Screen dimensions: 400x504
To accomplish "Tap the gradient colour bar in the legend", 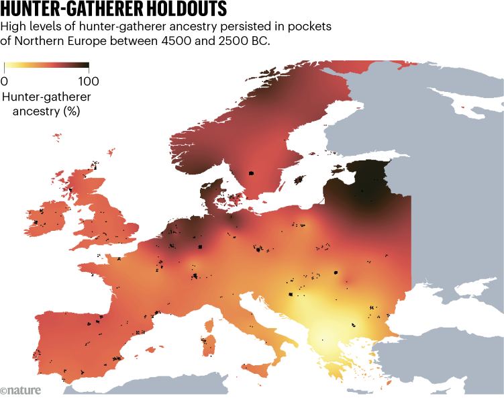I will point(46,66).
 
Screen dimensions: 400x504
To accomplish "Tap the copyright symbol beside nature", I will point(5,390).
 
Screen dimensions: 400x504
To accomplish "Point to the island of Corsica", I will point(210,325).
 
